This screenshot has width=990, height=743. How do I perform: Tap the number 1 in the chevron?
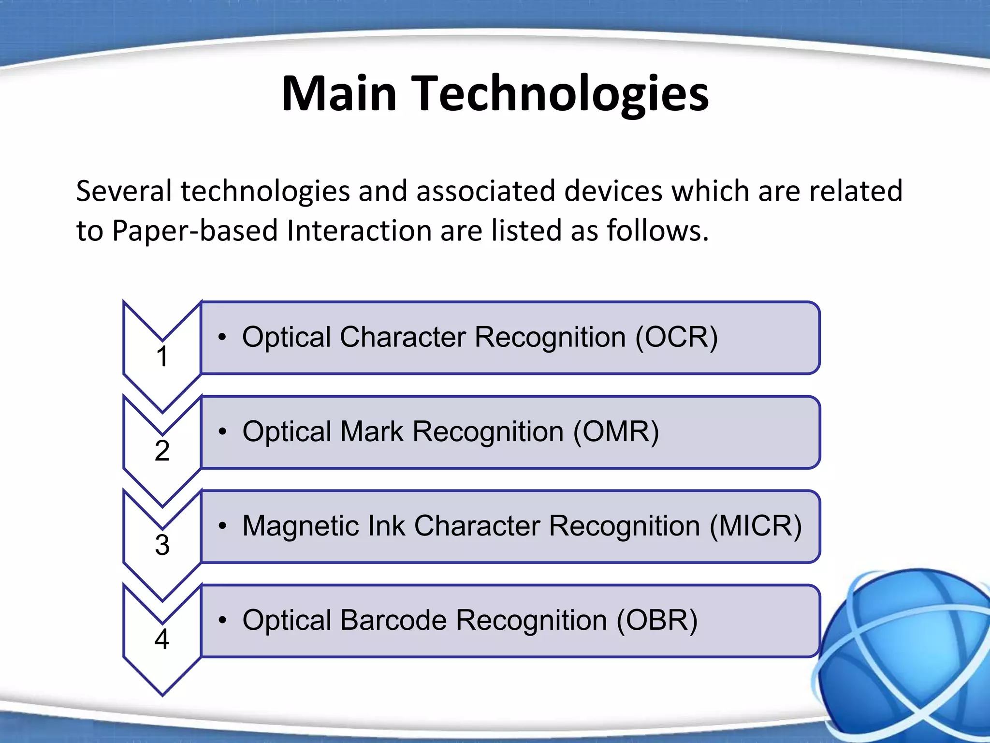click(162, 357)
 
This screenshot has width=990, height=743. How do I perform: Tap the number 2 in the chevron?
click(162, 451)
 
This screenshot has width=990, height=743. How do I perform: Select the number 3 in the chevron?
click(162, 545)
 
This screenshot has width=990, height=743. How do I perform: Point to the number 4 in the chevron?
click(162, 639)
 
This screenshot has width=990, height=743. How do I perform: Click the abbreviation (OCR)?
click(676, 337)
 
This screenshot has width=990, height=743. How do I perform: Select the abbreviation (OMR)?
click(616, 431)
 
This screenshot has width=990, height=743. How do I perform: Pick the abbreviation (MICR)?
click(756, 526)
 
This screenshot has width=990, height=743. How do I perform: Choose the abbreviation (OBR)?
click(657, 620)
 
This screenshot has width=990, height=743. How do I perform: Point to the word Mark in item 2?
click(371, 431)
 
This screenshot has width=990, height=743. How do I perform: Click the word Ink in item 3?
click(386, 526)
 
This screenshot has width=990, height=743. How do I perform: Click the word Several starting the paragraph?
click(124, 191)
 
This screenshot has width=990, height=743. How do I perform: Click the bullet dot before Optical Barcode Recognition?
click(222, 620)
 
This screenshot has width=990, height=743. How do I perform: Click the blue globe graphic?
click(909, 658)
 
